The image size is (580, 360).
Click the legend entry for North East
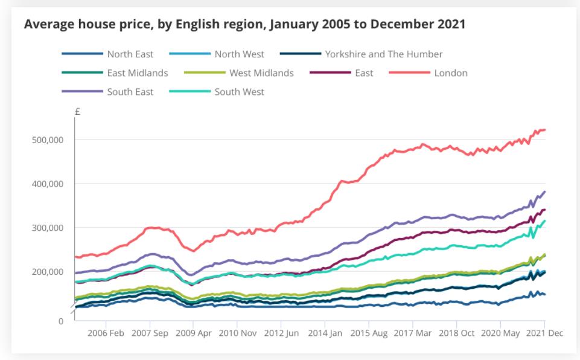click(130, 54)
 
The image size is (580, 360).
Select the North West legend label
click(239, 54)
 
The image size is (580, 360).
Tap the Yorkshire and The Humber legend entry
click(383, 54)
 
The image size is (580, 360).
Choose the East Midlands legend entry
click(138, 73)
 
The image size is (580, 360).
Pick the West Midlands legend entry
click(261, 73)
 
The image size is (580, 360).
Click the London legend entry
click(450, 73)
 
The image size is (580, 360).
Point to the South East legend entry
click(130, 92)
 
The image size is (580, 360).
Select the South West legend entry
click(239, 92)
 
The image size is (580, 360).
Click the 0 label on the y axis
click(60, 321)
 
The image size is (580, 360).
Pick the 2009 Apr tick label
click(193, 333)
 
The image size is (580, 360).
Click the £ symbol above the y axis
click(78, 112)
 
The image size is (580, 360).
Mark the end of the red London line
click(544, 130)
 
